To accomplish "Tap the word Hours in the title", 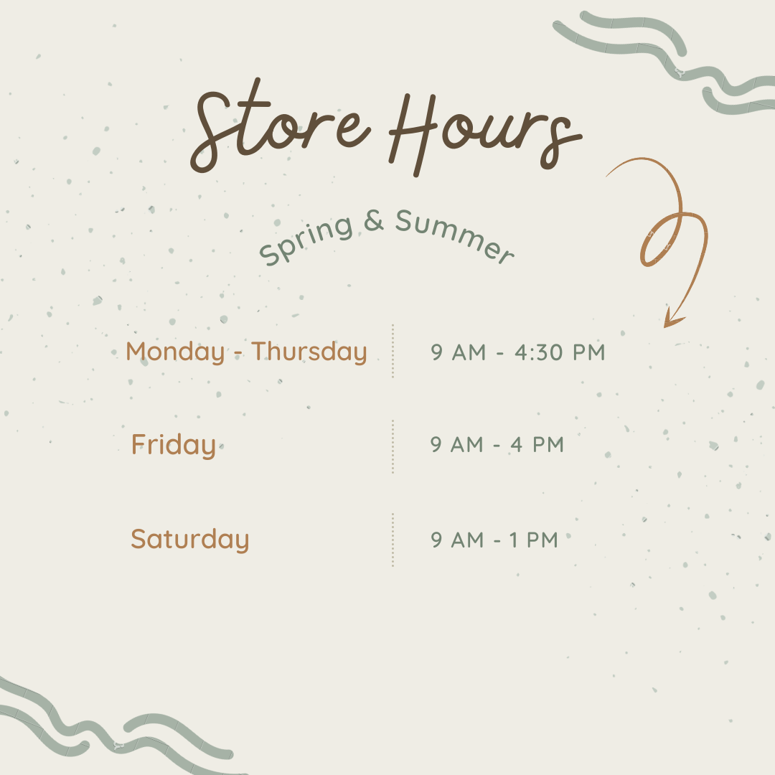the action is click(x=485, y=134).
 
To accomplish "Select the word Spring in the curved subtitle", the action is click(x=306, y=240).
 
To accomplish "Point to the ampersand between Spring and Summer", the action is click(x=374, y=220).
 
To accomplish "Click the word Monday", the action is click(x=176, y=352).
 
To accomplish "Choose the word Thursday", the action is click(x=309, y=352).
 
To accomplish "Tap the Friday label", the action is click(x=174, y=445).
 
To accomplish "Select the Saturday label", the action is click(x=189, y=539).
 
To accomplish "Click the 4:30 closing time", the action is click(x=560, y=352).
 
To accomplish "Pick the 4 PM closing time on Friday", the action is click(x=537, y=444).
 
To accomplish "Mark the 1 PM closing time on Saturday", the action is click(x=534, y=540).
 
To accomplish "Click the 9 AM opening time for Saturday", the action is click(x=457, y=540).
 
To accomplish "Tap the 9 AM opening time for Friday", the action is click(x=456, y=444).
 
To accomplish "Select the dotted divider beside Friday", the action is click(x=393, y=446).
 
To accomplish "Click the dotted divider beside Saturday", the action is click(x=393, y=540).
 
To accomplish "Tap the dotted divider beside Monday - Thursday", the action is click(x=393, y=352).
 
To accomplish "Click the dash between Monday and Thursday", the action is click(x=238, y=354).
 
